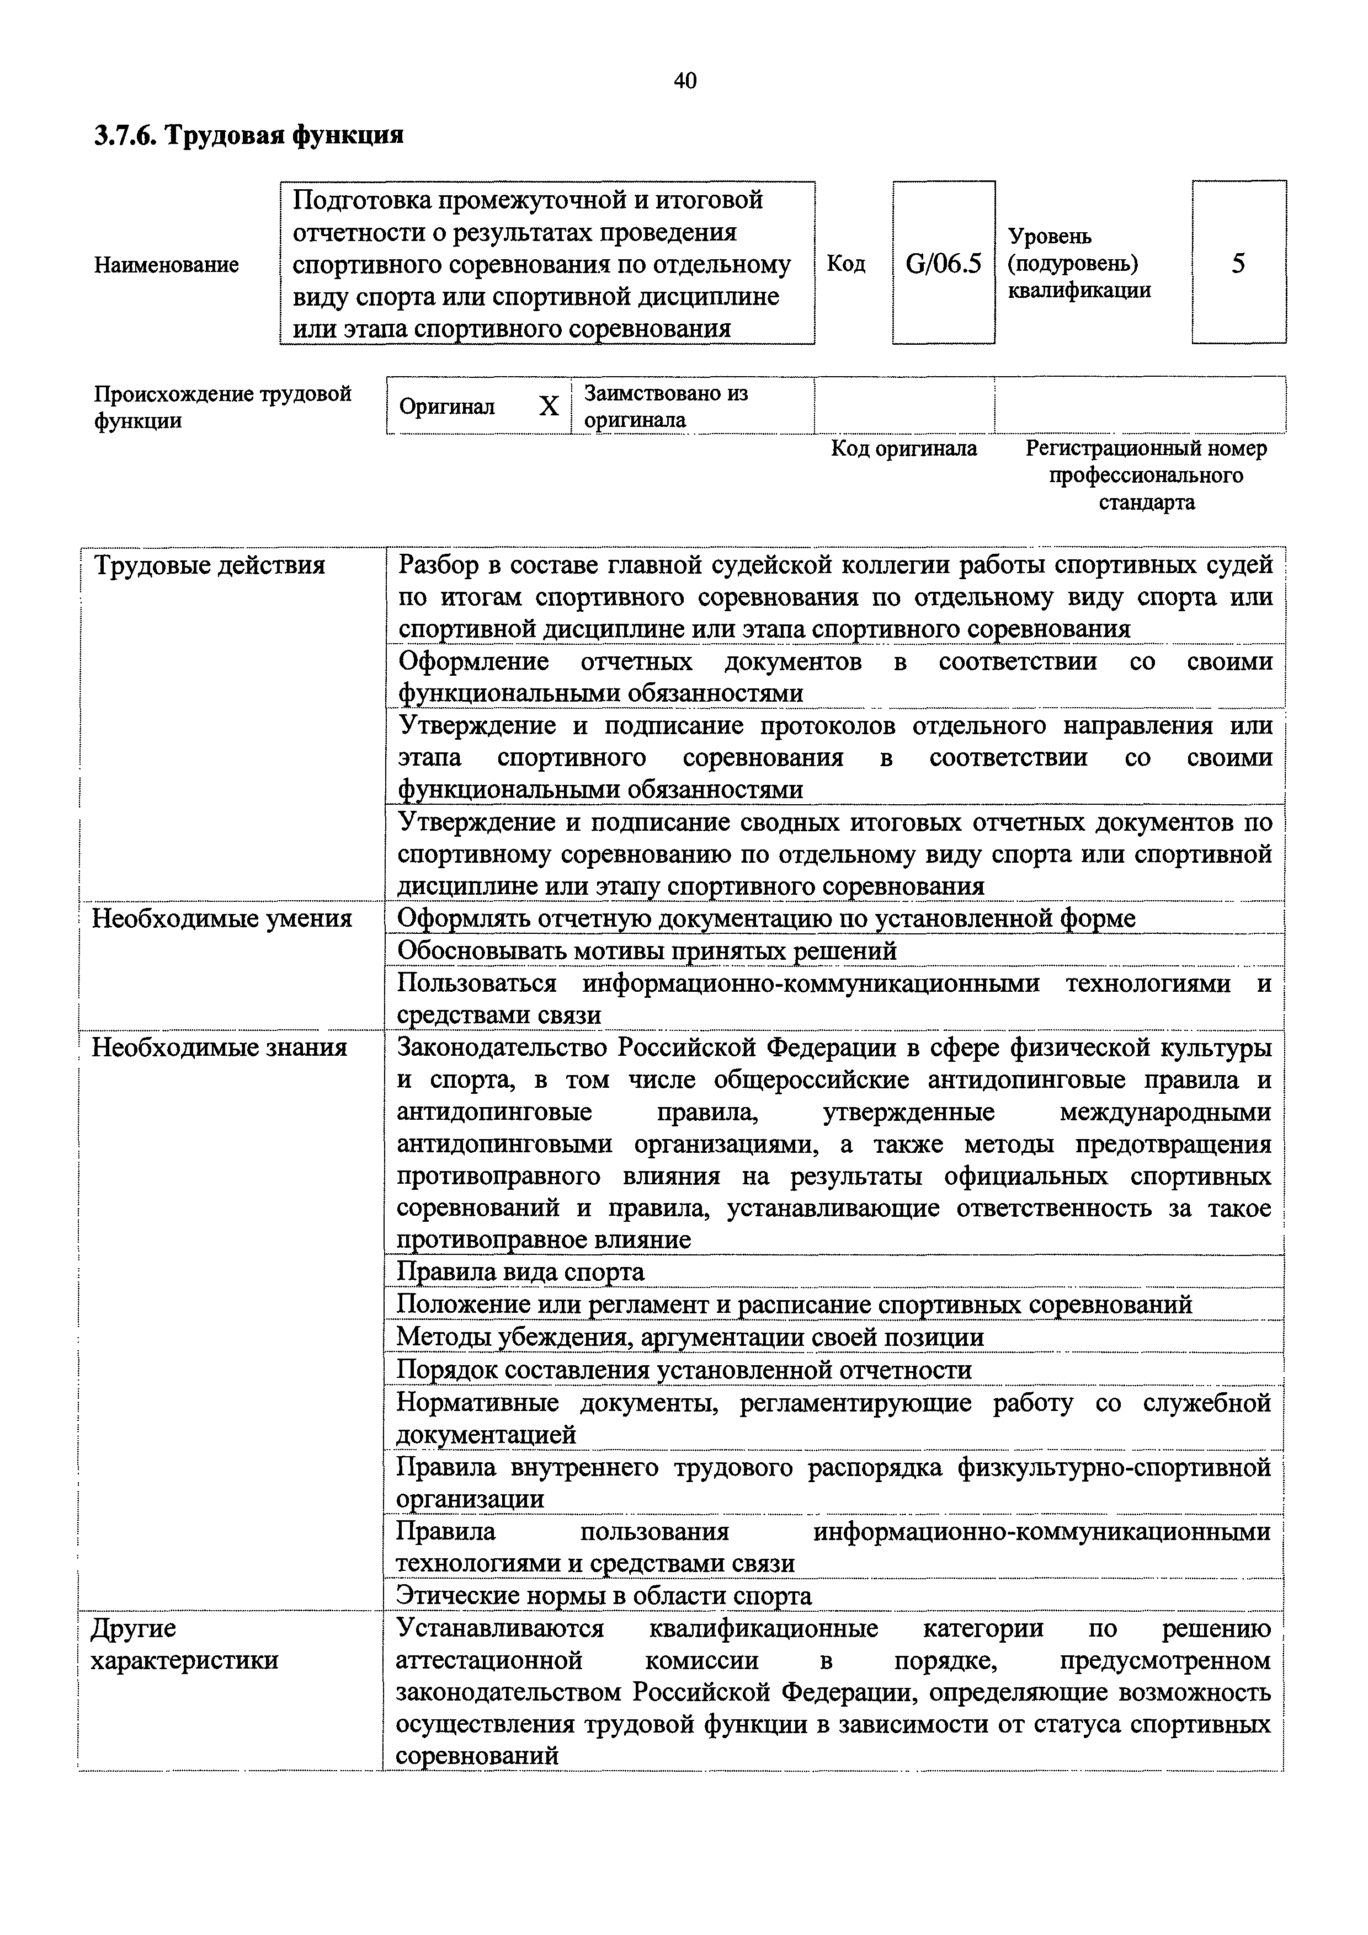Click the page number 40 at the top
coord(684,81)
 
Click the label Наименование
coord(166,265)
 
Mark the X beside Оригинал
coord(549,407)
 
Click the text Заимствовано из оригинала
coord(666,406)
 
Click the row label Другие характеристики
coord(184,1643)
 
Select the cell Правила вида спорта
coord(520,1272)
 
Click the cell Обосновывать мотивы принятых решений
coord(647,950)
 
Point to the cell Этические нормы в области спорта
coord(604,1595)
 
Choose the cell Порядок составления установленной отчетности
coord(684,1370)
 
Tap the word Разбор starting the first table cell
coord(437,565)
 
